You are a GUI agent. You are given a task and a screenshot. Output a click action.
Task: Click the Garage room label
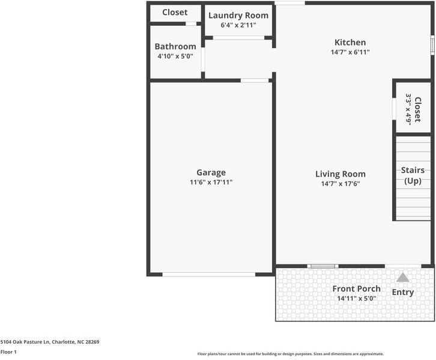[211, 172]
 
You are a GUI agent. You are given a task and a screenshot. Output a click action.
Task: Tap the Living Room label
[341, 174]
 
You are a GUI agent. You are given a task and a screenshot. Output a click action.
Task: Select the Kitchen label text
[350, 43]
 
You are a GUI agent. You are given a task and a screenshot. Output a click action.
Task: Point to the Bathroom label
[175, 47]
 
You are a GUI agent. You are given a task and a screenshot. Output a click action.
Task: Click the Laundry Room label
[238, 15]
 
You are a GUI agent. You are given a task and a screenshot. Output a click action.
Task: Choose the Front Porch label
[356, 288]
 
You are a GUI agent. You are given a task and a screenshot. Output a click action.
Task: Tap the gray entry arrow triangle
[403, 278]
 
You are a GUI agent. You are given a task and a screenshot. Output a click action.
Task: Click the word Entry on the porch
[403, 292]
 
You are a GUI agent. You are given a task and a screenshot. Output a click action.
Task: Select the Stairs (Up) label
[413, 175]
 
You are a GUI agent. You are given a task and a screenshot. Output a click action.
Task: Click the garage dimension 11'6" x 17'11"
[211, 182]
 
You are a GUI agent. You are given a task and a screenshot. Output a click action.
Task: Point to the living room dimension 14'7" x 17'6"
[341, 184]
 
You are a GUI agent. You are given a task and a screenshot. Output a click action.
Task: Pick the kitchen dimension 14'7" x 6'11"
[350, 52]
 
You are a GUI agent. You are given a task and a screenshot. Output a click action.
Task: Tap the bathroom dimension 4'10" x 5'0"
[175, 56]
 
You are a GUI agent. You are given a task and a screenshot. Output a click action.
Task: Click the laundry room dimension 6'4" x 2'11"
[238, 25]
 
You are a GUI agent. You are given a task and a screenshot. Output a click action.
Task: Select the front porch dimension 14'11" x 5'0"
[356, 298]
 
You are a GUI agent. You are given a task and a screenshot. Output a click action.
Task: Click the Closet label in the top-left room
[175, 12]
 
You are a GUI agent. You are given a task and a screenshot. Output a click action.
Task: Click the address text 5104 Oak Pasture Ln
[49, 342]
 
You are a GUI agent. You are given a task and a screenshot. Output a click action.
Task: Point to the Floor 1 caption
[8, 352]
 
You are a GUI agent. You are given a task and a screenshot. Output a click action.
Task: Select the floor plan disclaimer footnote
[291, 354]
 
